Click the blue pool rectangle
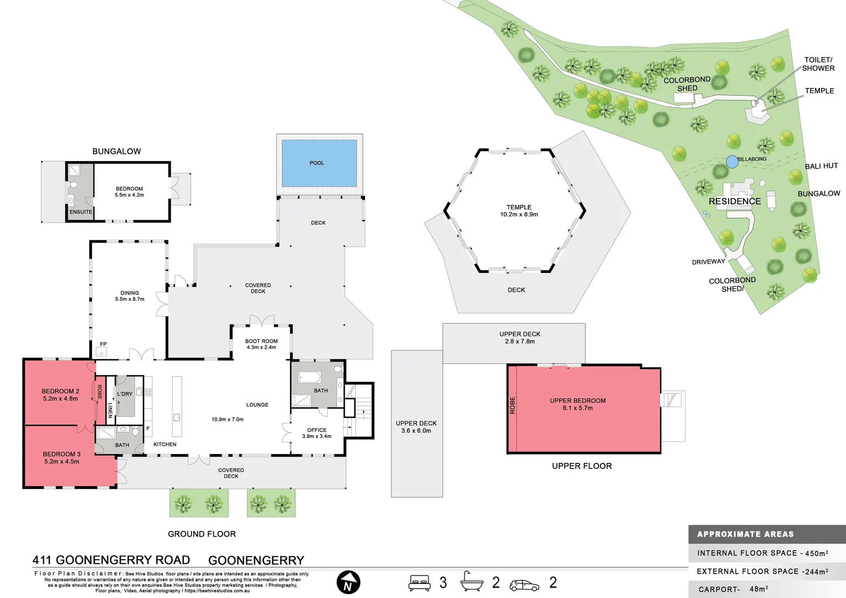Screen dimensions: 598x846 click(x=319, y=163)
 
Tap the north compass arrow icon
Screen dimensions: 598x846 click(x=348, y=582)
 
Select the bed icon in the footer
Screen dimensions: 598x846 click(x=419, y=582)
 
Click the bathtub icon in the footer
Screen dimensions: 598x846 click(x=472, y=581)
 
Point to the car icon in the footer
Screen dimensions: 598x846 click(x=524, y=585)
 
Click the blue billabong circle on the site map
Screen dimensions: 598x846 click(x=732, y=162)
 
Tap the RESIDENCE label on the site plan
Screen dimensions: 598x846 click(x=735, y=202)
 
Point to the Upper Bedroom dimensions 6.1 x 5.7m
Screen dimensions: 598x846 click(x=577, y=408)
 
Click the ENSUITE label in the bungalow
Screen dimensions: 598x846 click(x=81, y=212)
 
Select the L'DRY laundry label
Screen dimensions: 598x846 click(x=125, y=394)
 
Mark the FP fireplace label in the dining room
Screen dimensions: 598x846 click(x=104, y=344)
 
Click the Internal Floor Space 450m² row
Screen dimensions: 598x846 click(x=762, y=553)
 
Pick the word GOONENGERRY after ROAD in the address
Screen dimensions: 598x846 click(x=256, y=560)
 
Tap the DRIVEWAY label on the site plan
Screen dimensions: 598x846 click(x=708, y=262)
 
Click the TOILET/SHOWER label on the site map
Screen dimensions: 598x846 click(x=818, y=64)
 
